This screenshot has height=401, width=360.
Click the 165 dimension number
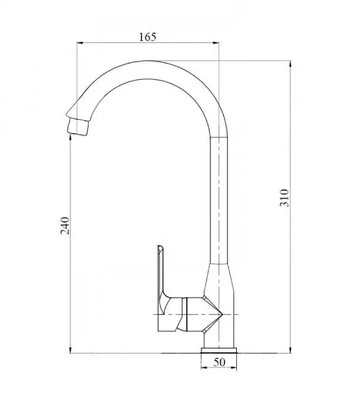[x=148, y=37]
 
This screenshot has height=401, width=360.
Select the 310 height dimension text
[x=285, y=198]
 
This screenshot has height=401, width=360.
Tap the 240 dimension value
[x=65, y=226]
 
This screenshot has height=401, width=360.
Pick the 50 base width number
[x=219, y=362]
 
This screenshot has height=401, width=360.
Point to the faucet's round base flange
[x=219, y=350]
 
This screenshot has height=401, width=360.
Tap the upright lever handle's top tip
[x=160, y=247]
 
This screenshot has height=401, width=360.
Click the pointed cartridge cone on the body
[x=213, y=314]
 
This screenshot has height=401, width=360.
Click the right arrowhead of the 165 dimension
[x=216, y=43]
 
